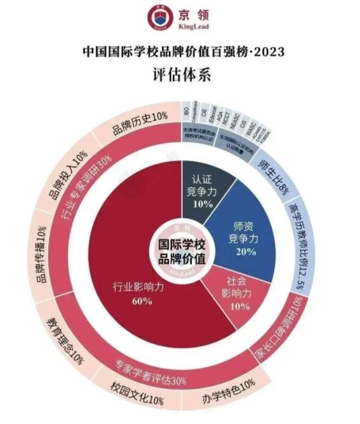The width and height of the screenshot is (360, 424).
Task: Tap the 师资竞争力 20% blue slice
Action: click(x=244, y=238)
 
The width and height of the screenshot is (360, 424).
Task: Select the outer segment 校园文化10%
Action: click(x=137, y=400)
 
